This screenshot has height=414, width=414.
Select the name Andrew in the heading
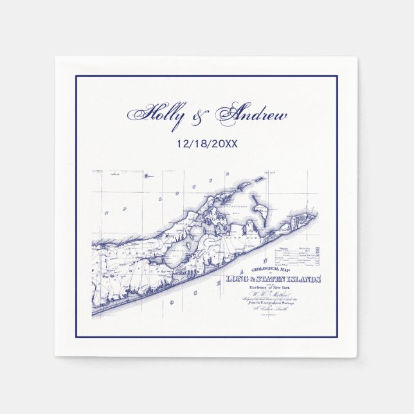251,117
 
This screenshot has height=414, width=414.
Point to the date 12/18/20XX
206,143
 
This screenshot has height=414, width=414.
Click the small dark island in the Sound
147,174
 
